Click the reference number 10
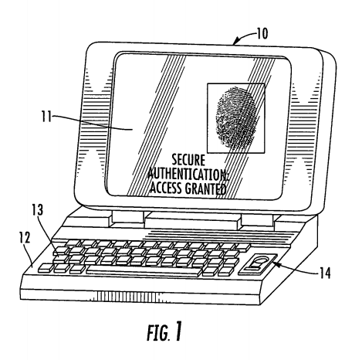262,33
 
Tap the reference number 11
46,117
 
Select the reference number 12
25,238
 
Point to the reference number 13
38,210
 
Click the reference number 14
325,273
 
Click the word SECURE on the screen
188,160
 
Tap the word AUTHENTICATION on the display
188,174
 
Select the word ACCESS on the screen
165,188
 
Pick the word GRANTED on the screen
205,188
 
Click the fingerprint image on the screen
236,118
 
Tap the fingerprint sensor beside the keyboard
258,264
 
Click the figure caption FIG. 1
164,332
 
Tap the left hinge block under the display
128,217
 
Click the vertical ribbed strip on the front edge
130,296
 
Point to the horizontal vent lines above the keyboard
222,236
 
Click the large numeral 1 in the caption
178,331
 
